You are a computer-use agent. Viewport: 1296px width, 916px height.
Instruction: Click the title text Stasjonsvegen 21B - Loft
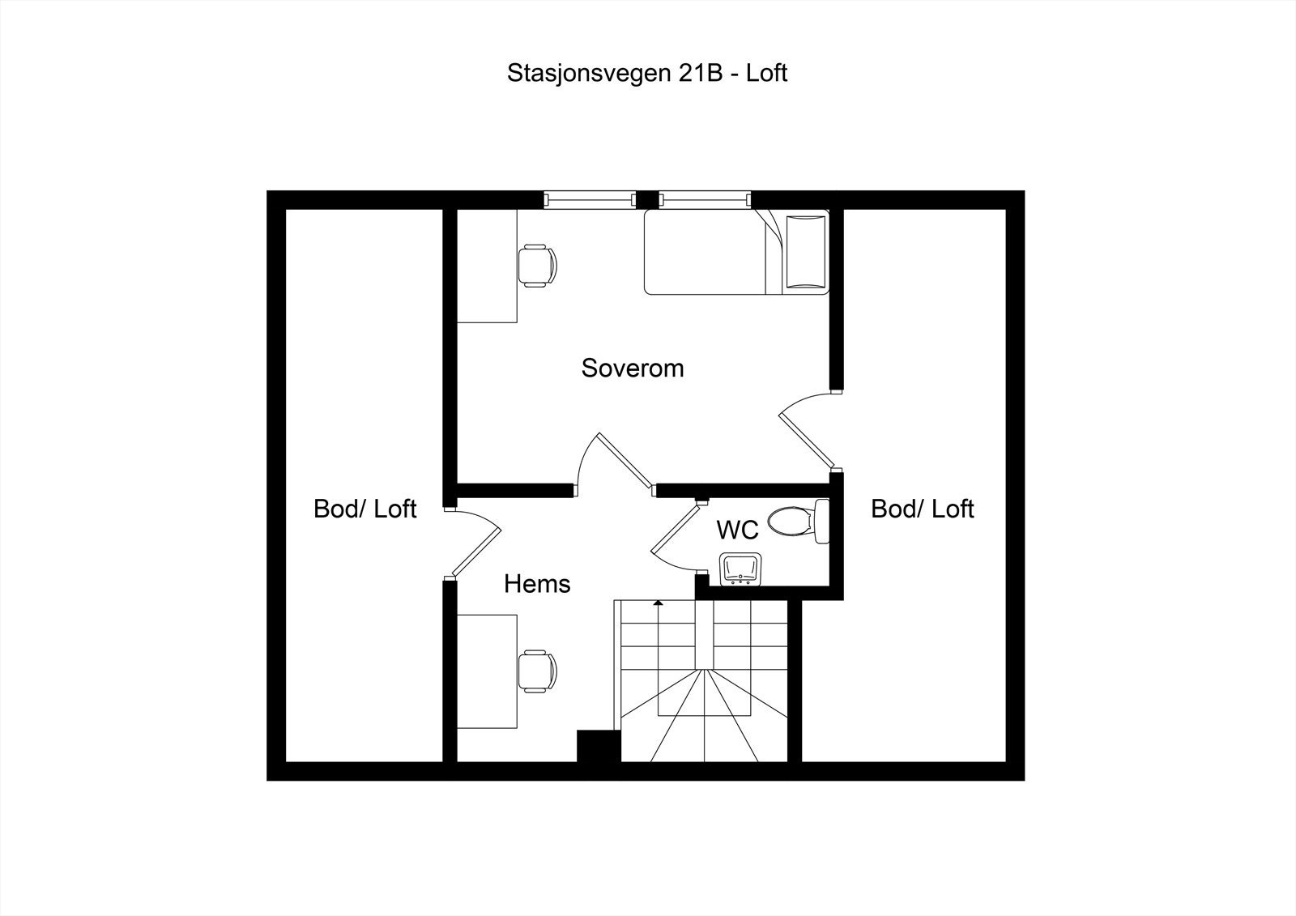tap(647, 73)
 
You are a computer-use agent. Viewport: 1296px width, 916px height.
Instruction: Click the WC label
tap(737, 530)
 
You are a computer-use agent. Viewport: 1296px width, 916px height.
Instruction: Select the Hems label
tap(537, 584)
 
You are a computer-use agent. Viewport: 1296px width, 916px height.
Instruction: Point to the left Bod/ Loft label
tap(364, 509)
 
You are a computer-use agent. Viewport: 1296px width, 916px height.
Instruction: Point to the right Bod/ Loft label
tap(922, 509)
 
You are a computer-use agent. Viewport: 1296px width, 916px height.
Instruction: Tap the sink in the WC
tap(740, 569)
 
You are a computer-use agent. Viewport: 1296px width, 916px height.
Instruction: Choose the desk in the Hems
tap(487, 671)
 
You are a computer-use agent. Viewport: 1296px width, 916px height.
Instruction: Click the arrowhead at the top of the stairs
tap(658, 603)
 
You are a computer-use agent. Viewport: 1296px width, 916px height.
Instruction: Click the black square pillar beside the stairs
tap(598, 746)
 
